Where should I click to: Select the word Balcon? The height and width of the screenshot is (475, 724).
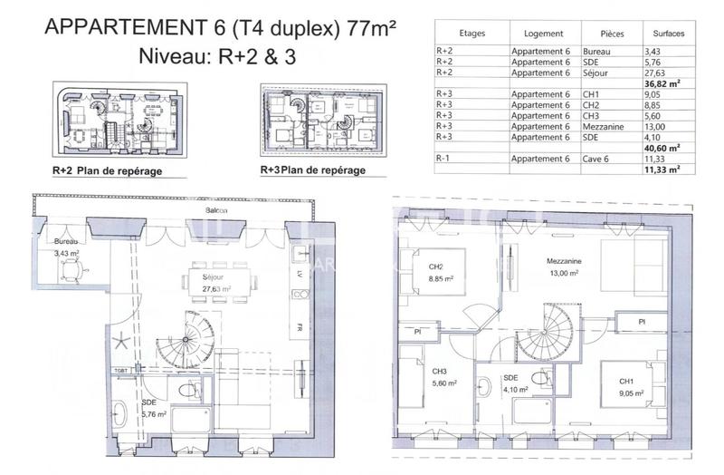215,210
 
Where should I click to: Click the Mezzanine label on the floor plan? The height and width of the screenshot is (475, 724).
563,261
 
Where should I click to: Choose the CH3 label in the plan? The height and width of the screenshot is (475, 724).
440,372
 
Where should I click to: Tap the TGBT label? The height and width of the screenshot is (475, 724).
121,372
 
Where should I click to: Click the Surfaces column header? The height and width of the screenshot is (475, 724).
667,34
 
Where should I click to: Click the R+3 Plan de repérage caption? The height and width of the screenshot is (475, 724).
313,170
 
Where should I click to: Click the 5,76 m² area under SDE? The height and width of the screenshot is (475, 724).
155,415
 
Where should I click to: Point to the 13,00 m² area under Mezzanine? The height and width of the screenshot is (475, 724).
562,273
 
